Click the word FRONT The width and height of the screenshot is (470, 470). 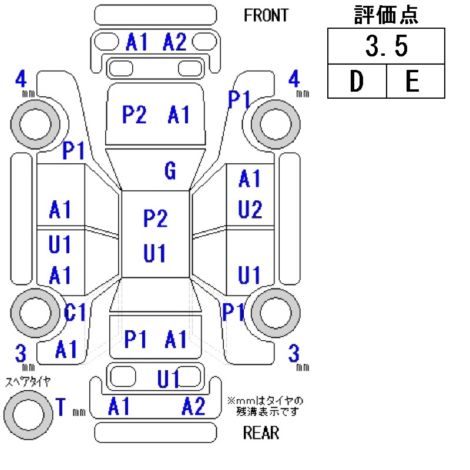click(266, 15)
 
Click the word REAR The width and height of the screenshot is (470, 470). click(261, 433)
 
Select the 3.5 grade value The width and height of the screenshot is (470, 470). click(386, 46)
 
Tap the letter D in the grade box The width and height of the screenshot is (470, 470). click(356, 81)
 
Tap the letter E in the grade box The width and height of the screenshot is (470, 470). click(412, 81)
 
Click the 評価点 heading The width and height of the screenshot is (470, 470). click(386, 15)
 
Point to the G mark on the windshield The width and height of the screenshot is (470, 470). click(170, 171)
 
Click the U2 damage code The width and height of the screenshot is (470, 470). click(250, 210)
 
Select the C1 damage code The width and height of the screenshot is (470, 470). click(75, 313)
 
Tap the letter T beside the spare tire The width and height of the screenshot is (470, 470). click(61, 407)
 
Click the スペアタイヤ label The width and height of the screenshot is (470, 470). click(28, 382)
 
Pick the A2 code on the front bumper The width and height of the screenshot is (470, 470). click(174, 42)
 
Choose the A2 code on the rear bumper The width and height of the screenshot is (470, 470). click(193, 406)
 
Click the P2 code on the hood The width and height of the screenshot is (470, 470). click(134, 114)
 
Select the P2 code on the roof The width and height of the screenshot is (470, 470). click(155, 218)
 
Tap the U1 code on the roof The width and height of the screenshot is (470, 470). click(154, 253)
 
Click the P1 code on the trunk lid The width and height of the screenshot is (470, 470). click(135, 340)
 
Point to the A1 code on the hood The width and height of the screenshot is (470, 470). click(179, 114)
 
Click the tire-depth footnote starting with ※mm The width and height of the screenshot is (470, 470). click(265, 406)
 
